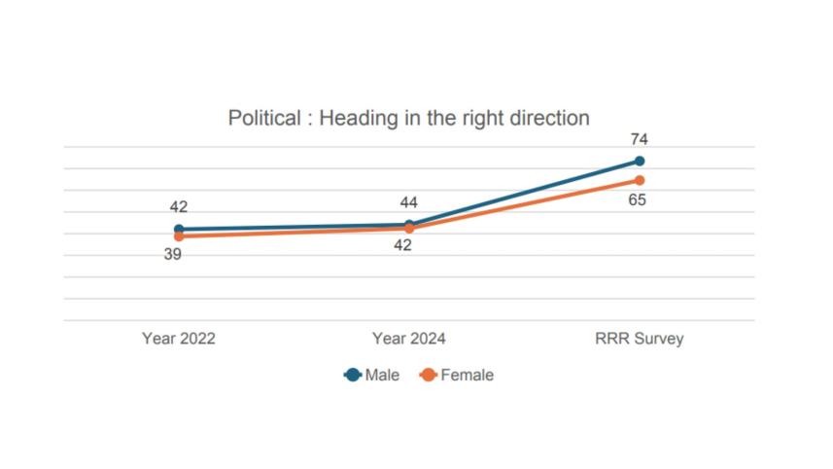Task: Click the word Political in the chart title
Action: coord(264,119)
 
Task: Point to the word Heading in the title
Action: coord(356,119)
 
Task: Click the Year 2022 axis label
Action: coord(179,339)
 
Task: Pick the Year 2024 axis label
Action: coord(408,339)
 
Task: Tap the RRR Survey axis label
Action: coord(639,339)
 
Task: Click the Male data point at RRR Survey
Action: coord(640,161)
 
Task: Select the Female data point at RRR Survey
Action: coord(640,180)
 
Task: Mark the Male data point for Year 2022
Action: coord(179,230)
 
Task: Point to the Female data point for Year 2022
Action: coord(179,236)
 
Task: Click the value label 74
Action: coord(639,140)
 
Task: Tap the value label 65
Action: coord(639,200)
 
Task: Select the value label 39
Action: coord(173,255)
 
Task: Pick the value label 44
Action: coord(409,202)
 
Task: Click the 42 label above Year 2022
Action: coord(179,207)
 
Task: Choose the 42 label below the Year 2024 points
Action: coord(402,245)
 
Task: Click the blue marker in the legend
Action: coord(354,375)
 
